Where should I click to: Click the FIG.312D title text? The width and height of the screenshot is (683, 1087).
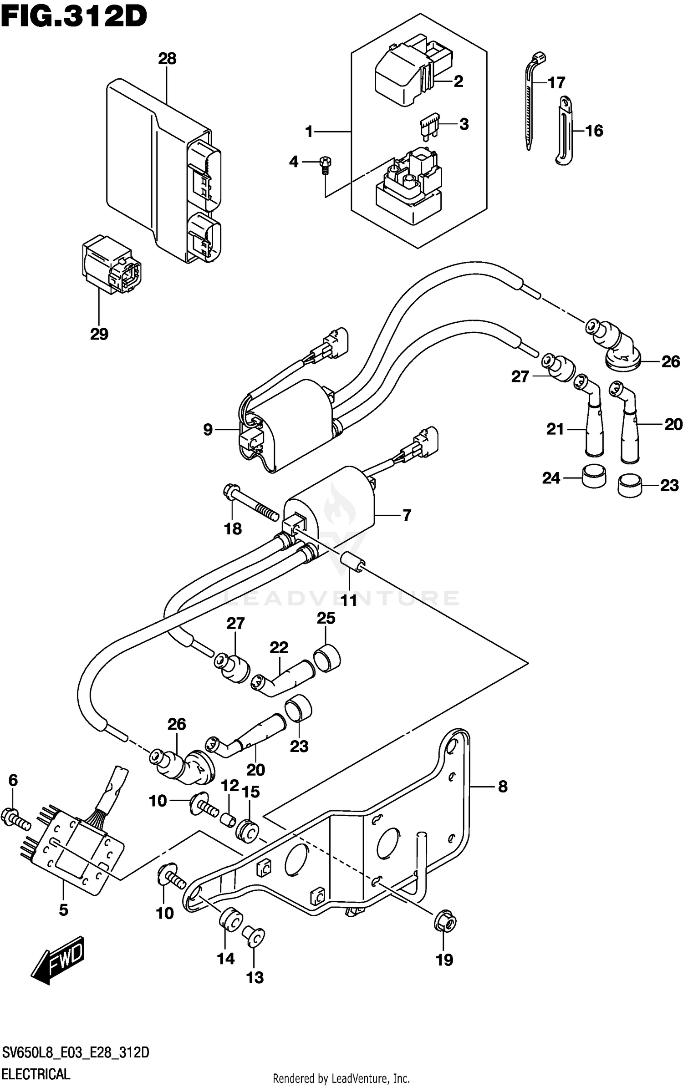click(x=74, y=17)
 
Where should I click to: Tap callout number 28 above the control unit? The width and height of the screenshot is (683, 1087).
click(x=167, y=59)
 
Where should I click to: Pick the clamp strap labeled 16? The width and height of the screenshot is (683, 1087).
click(x=565, y=130)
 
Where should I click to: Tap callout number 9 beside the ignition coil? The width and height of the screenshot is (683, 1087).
click(x=208, y=430)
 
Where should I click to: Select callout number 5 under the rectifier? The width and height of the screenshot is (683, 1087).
click(x=64, y=909)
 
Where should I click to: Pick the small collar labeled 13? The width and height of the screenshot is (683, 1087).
click(x=254, y=936)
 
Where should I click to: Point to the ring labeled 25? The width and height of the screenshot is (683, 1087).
click(x=327, y=657)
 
